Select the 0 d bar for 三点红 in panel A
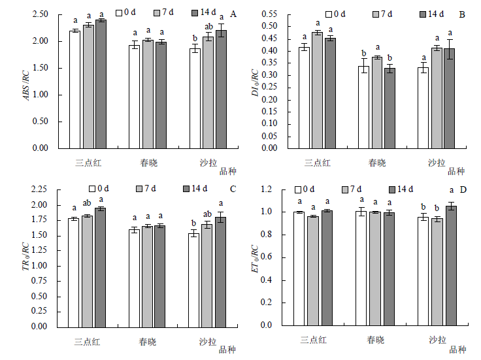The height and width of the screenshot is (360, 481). (75, 89)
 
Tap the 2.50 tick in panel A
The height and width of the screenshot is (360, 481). (58, 14)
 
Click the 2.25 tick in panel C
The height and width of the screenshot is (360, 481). (56, 189)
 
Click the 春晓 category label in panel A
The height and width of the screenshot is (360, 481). (148, 161)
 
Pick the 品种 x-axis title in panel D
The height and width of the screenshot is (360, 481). (457, 350)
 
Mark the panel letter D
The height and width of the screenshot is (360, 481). (463, 189)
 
